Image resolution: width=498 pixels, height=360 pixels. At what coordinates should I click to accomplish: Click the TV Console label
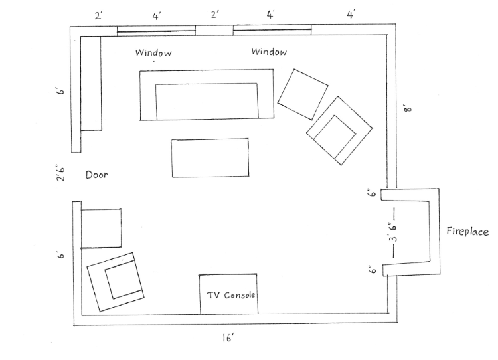click(231, 295)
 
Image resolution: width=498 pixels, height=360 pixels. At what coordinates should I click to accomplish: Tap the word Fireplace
click(467, 231)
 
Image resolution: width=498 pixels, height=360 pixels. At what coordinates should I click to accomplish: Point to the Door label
click(96, 175)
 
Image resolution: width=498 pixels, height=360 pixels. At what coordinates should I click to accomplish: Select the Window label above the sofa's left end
click(153, 52)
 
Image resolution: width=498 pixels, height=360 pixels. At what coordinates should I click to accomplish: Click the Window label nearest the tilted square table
click(269, 51)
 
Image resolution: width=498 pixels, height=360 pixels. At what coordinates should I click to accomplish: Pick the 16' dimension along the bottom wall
click(228, 338)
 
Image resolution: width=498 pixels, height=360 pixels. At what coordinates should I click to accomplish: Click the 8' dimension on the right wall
click(408, 109)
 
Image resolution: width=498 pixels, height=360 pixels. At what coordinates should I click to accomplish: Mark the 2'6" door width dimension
click(60, 173)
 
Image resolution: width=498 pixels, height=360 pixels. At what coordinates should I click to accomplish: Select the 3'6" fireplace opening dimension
click(393, 228)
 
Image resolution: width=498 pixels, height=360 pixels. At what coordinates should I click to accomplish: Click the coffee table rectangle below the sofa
click(210, 157)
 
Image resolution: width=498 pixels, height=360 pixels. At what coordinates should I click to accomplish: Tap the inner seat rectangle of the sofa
click(207, 101)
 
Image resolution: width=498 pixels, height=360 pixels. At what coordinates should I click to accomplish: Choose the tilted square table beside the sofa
click(303, 94)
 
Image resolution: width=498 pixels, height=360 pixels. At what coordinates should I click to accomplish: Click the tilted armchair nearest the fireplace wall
click(339, 131)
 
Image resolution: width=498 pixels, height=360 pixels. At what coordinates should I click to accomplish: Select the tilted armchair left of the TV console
click(116, 282)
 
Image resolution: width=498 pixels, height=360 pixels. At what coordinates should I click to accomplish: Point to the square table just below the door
click(101, 228)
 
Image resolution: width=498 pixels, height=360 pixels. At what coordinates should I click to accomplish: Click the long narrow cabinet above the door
click(91, 83)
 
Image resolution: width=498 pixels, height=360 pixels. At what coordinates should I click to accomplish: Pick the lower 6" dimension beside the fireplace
click(373, 270)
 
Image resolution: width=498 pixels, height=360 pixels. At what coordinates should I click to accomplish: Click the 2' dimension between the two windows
click(215, 15)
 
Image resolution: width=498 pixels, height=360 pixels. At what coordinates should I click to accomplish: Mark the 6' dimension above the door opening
click(60, 90)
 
